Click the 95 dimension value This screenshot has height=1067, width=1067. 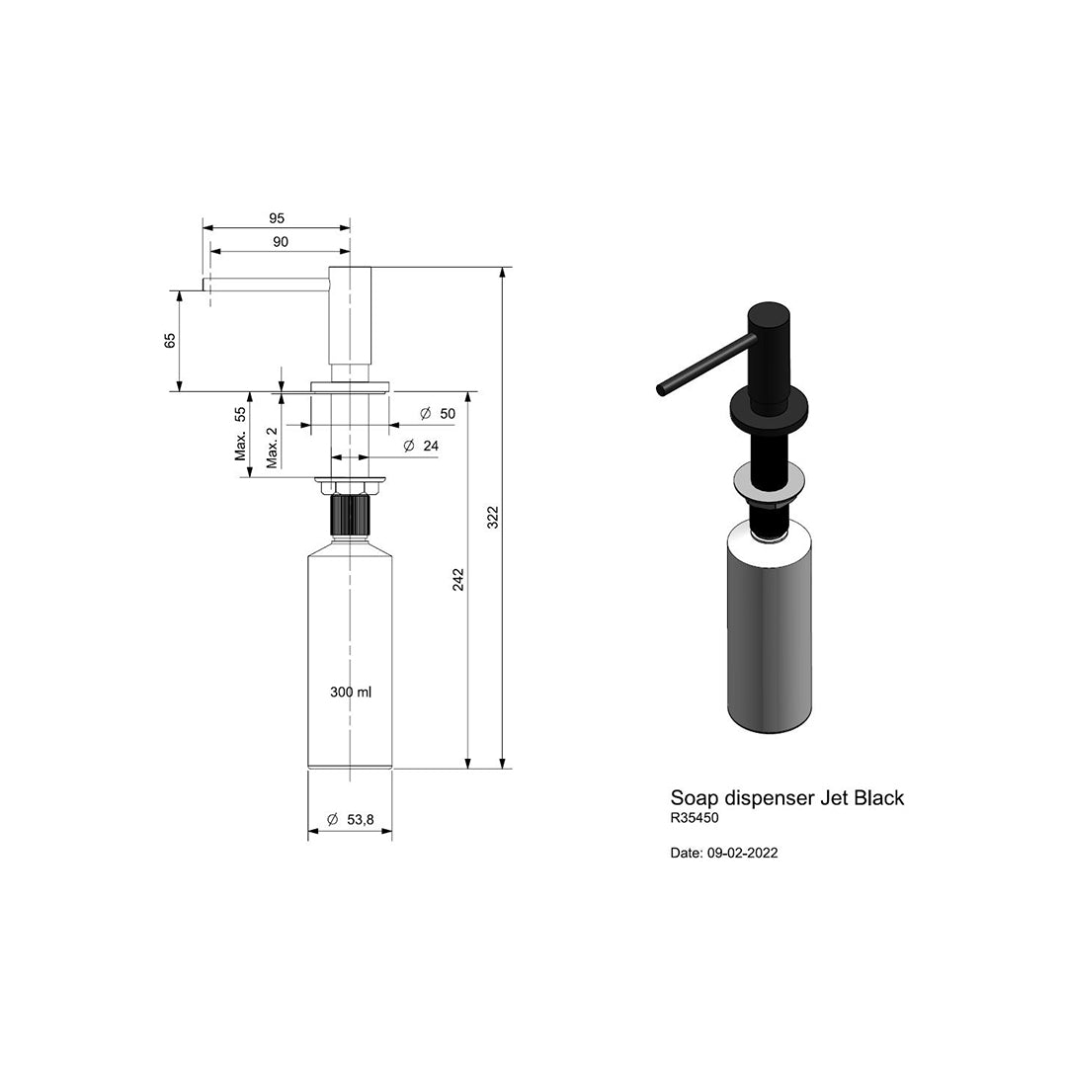(277, 217)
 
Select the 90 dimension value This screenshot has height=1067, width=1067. (280, 242)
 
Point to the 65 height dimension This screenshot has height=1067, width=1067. (170, 340)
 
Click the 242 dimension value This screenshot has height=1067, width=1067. (457, 580)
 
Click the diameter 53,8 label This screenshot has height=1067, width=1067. (350, 819)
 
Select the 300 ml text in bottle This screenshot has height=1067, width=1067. (351, 693)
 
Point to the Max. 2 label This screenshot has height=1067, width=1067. (272, 448)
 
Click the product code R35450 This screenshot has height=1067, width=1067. (695, 818)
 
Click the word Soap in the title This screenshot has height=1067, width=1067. (695, 797)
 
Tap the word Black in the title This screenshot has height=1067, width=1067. (878, 797)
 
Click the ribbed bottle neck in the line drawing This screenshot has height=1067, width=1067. (350, 515)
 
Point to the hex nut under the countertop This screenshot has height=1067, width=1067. (350, 487)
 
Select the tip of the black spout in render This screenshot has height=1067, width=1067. (661, 389)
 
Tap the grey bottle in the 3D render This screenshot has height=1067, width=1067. (770, 632)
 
